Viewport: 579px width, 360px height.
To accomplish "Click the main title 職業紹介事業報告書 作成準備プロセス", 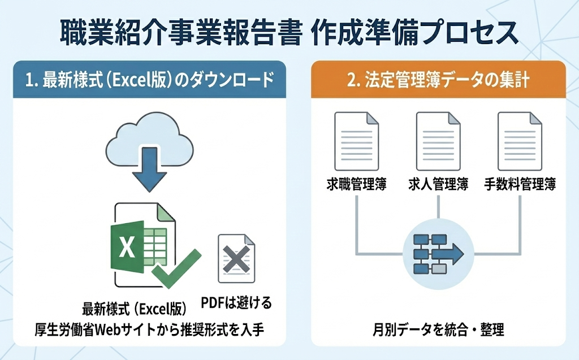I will [289, 32].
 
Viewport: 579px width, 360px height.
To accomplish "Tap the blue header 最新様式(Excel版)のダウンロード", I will [149, 80].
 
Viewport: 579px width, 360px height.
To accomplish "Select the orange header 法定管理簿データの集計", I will [438, 80].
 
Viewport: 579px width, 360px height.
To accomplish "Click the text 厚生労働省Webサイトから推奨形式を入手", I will [149, 329].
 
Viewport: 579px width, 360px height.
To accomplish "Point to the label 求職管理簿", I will [356, 184].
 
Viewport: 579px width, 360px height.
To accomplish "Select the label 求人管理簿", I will [438, 184].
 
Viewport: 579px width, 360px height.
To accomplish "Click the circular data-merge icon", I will [438, 255].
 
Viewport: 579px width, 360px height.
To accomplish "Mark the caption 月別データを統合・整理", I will [438, 329].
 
